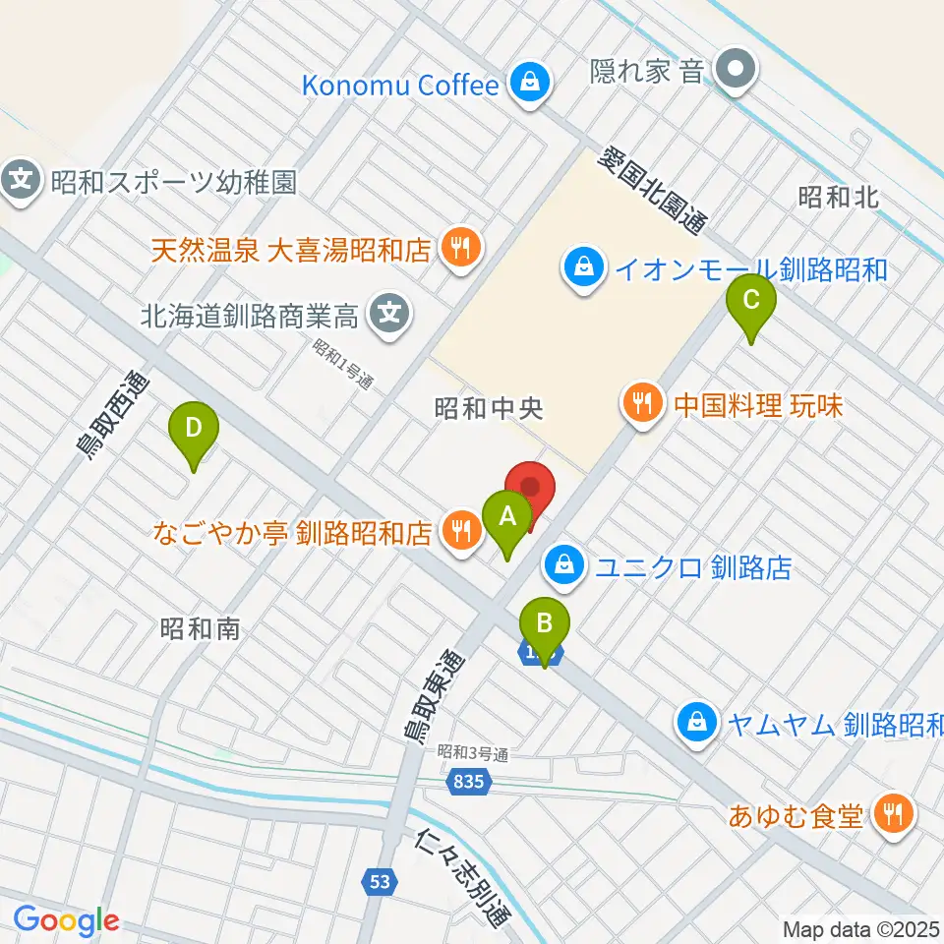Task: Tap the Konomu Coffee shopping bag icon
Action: tap(530, 85)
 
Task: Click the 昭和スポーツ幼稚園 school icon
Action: tap(23, 181)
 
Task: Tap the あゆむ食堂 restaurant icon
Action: tap(894, 814)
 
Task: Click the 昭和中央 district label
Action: tap(490, 408)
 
